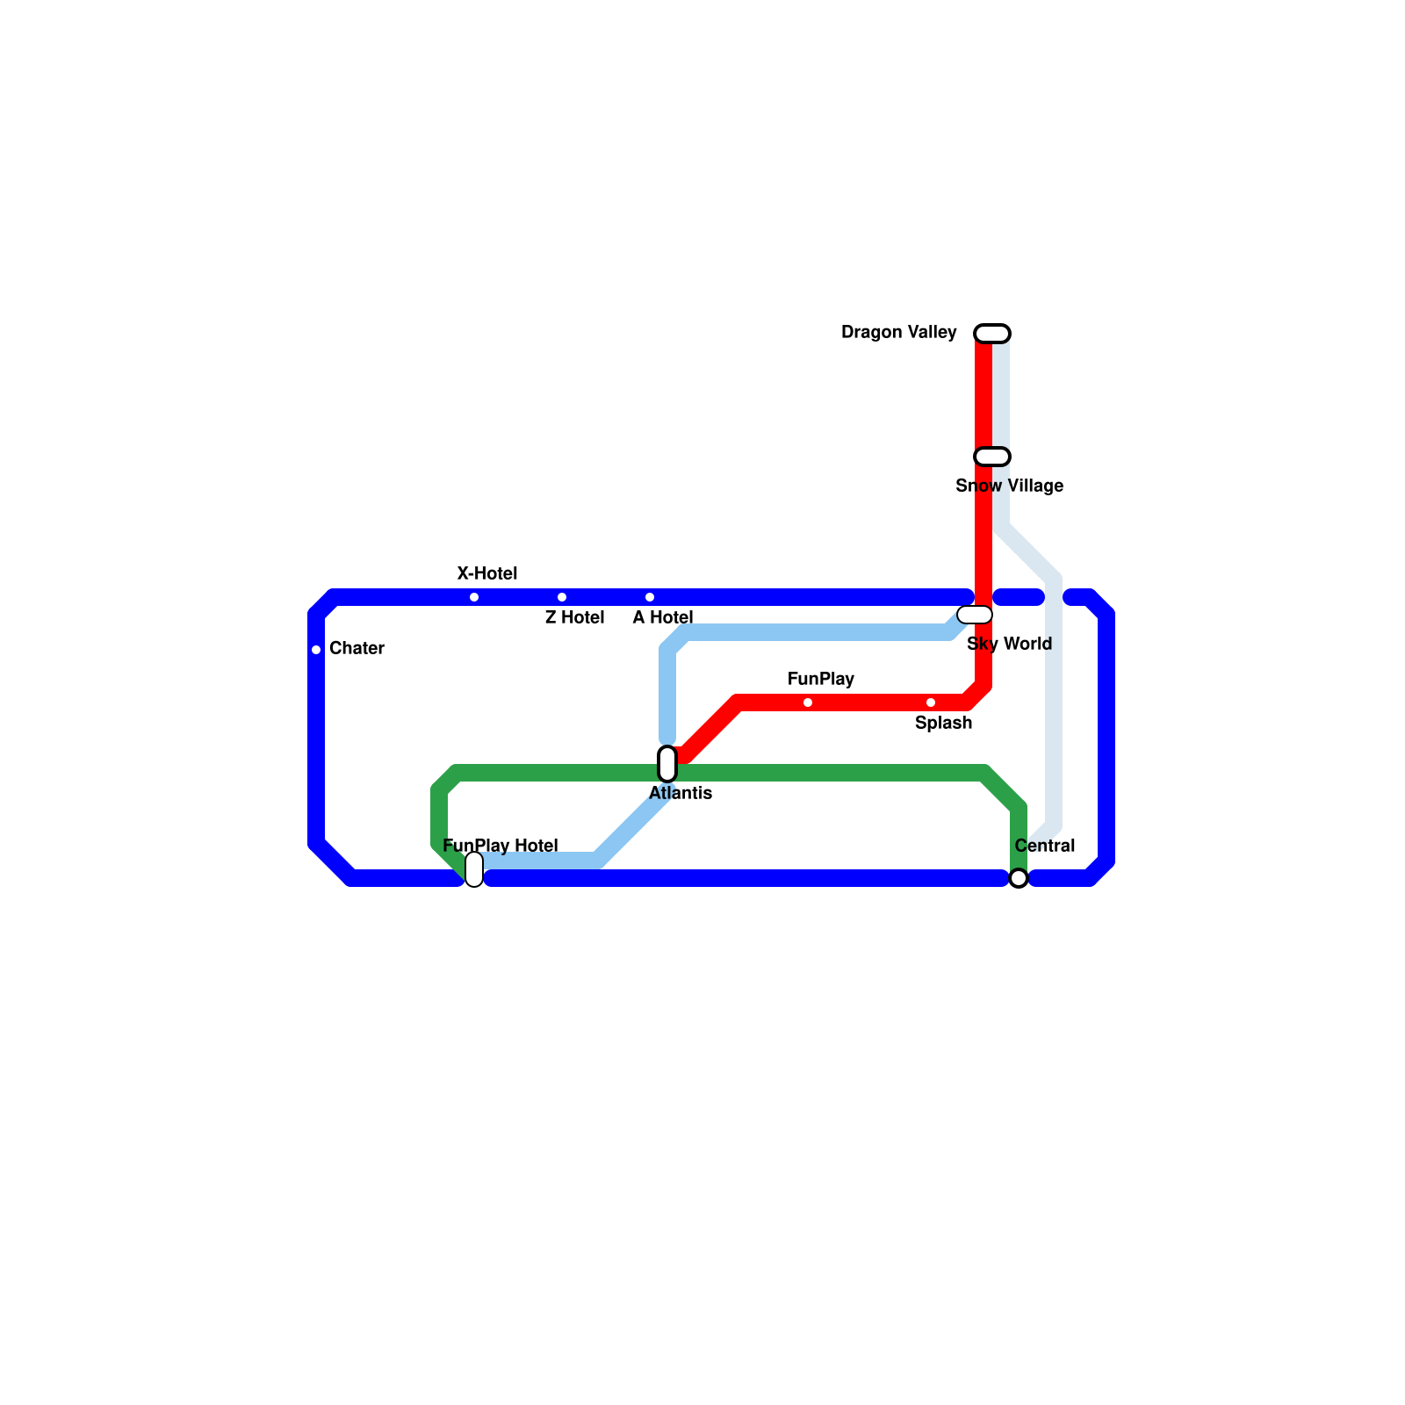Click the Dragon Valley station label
pos(898,333)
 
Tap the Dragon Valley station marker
pos(992,334)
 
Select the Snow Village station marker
pos(992,457)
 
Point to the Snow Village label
pos(1009,486)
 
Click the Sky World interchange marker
pos(975,615)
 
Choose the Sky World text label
pos(1009,645)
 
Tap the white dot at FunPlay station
pos(808,702)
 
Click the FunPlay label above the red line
pos(820,680)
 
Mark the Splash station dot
pos(931,702)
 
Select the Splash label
pos(943,724)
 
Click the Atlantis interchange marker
pos(667,764)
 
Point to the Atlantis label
pos(681,794)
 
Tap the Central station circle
pos(1019,878)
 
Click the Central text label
pos(1044,847)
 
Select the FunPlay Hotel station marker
pos(474,869)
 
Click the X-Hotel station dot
pos(474,597)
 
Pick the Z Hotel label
pos(574,618)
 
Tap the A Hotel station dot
pos(650,597)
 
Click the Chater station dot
pos(316,650)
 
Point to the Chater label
pos(357,649)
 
